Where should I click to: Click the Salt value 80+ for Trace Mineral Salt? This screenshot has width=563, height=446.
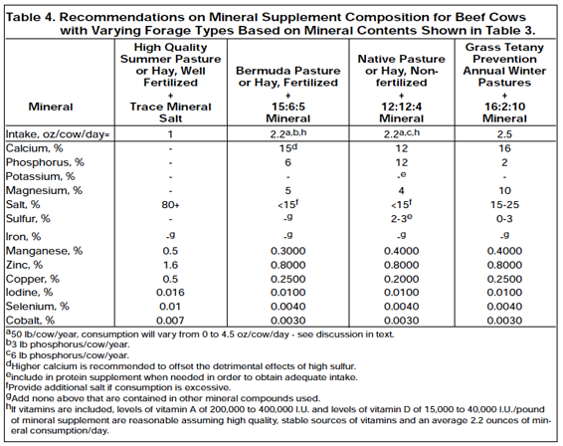pos(170,205)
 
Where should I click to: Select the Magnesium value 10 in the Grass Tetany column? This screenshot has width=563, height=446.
pos(504,190)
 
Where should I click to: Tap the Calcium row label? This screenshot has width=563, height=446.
pos(34,148)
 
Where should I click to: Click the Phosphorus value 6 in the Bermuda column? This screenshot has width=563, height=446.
pos(287,162)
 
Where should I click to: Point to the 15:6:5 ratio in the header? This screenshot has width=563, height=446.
pos(287,107)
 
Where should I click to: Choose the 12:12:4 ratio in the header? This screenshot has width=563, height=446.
pos(402,107)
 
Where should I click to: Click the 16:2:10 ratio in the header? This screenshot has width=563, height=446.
pos(504,107)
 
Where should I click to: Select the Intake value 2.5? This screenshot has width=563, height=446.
pos(504,134)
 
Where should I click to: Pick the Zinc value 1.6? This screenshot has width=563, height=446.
pos(170,265)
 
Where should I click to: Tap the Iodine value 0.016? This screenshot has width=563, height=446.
pos(170,292)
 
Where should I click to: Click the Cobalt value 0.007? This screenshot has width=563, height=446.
pos(170,321)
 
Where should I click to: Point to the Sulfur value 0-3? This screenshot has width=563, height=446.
pos(504,218)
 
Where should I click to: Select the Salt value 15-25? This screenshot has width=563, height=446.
pos(504,205)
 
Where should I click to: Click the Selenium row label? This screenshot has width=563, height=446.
pos(38,307)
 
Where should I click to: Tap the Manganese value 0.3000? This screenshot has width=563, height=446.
pos(287,251)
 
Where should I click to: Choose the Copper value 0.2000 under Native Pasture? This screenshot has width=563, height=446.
pos(402,279)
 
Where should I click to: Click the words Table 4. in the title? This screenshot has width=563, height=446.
pos(30,17)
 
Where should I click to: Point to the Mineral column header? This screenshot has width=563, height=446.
pos(51,107)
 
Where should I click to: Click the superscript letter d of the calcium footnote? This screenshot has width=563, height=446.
pos(9,363)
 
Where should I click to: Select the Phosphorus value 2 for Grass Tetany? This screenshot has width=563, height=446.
pos(504,162)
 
